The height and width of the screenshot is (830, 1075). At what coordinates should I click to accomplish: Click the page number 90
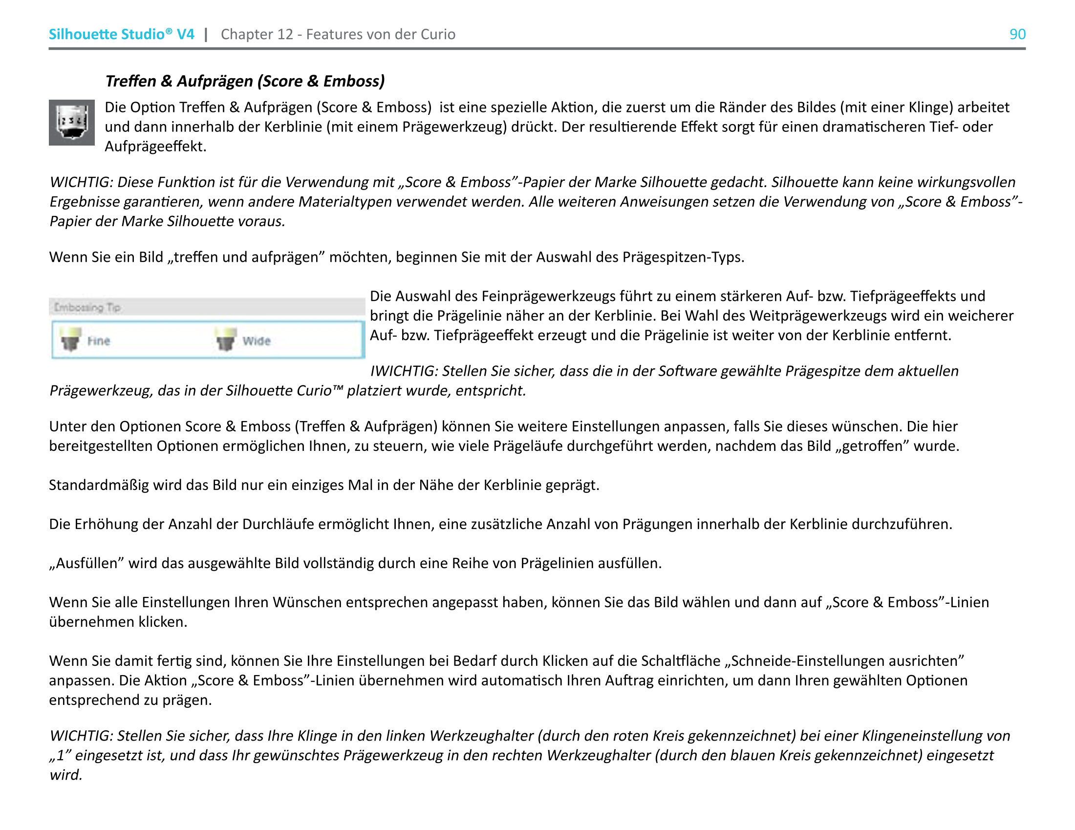click(1017, 34)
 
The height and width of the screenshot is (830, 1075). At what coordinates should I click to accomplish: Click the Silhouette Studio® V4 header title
click(121, 34)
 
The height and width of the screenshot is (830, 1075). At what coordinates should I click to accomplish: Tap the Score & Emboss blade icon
click(72, 123)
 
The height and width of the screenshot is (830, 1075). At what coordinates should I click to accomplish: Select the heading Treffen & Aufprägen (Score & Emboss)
click(245, 81)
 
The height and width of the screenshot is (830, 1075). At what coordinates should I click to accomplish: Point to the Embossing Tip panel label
click(87, 307)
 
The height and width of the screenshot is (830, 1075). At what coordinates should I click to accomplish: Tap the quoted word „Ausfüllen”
click(86, 563)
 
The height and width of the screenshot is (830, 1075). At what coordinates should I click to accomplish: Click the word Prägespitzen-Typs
click(683, 257)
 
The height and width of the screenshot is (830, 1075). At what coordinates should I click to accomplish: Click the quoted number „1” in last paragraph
click(60, 755)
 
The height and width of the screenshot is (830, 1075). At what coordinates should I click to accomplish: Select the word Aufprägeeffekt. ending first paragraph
click(155, 147)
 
